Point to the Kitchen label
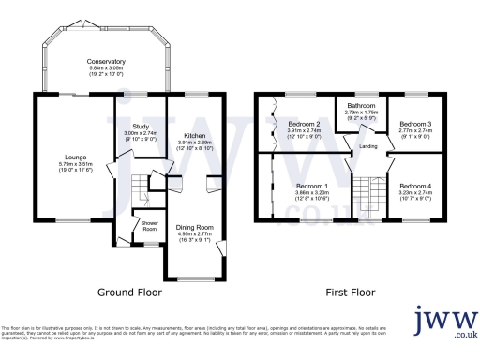point(192,135)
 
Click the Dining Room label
point(195,228)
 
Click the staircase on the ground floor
point(141,187)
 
